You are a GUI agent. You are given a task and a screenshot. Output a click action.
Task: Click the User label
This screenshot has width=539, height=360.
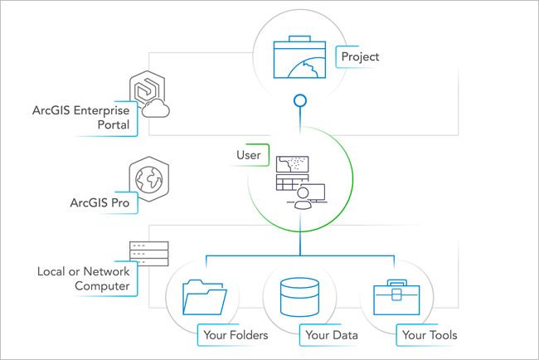(250, 154)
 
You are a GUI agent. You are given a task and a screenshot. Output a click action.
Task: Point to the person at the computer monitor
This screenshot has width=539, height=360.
(303, 197)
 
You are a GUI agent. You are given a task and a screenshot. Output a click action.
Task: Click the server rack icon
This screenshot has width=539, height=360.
(148, 253)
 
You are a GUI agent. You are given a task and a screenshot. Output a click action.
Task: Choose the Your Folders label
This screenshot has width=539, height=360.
(234, 335)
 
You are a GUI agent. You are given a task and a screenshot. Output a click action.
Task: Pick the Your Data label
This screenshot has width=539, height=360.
(332, 335)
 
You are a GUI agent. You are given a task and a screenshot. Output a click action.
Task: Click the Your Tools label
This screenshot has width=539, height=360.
(429, 335)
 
